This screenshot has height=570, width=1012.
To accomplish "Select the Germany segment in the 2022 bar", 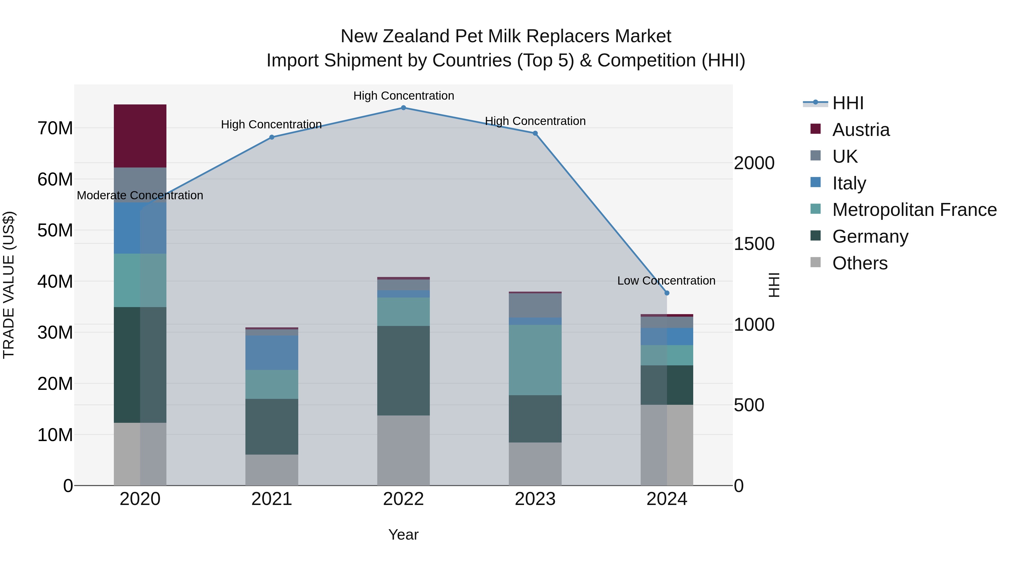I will [403, 370].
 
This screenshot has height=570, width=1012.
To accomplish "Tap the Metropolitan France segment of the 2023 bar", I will [535, 360].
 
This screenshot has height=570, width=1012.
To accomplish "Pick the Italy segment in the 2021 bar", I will [272, 352].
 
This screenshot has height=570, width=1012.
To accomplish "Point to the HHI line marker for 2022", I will [403, 108].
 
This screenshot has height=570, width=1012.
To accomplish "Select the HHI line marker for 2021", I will [272, 137].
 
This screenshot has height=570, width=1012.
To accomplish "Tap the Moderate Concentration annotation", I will [140, 196].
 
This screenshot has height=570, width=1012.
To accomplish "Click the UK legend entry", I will [845, 157].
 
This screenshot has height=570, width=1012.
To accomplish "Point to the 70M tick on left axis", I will [55, 128].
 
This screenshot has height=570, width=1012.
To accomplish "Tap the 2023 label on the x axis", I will [535, 499].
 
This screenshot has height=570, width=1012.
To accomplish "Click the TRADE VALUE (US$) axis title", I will [9, 285].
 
